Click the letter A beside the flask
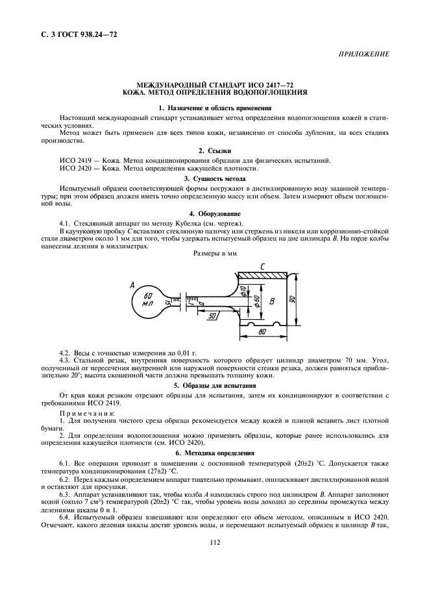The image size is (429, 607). (x=132, y=285)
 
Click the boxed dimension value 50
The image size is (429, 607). (x=212, y=315)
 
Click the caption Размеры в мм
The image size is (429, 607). (x=215, y=254)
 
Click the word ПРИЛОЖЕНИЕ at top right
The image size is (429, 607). (x=364, y=54)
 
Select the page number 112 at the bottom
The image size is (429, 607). (x=214, y=580)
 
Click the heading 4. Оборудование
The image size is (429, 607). (x=214, y=213)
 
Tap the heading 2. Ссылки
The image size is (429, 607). (x=214, y=150)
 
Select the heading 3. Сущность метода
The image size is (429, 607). (x=214, y=177)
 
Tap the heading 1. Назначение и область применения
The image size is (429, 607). (x=214, y=107)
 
